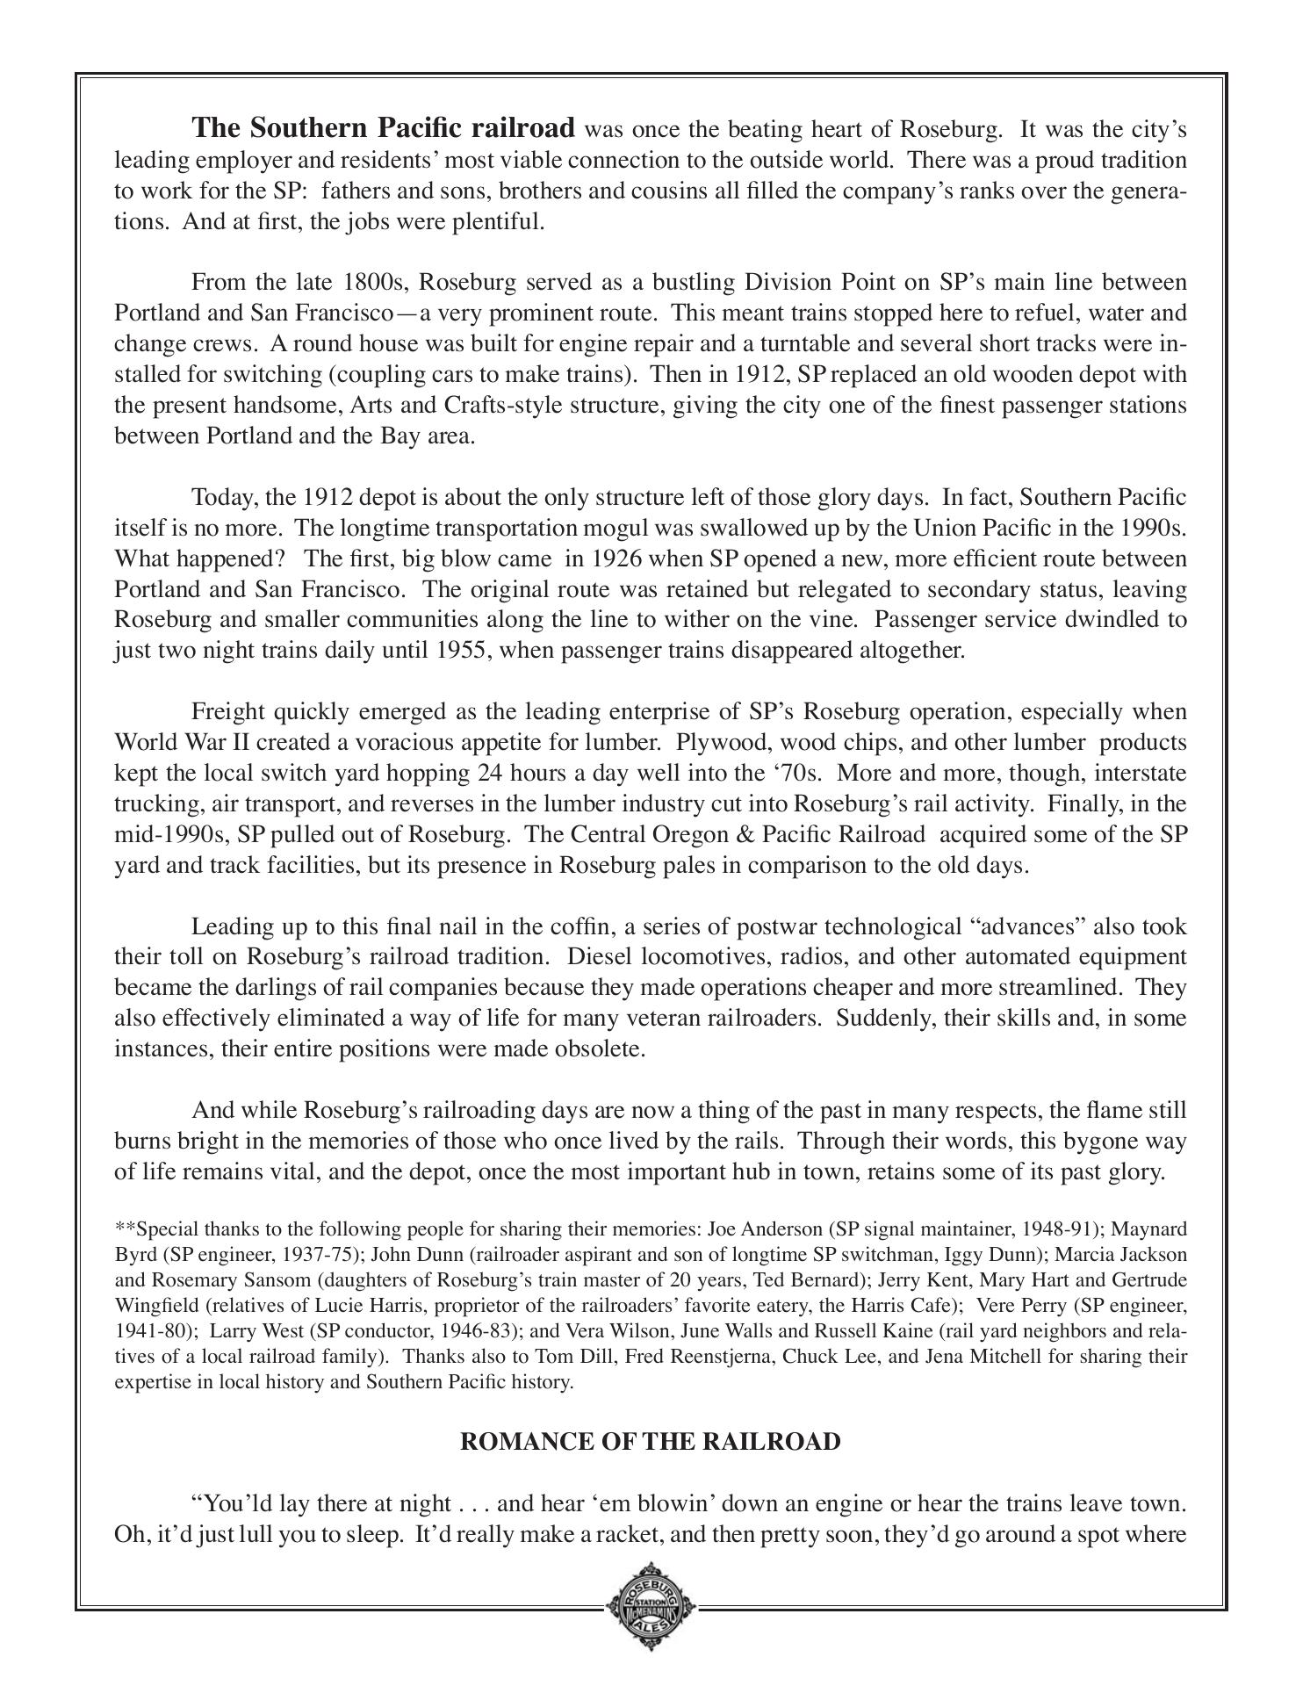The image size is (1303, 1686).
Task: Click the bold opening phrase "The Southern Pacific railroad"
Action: tap(384, 128)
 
